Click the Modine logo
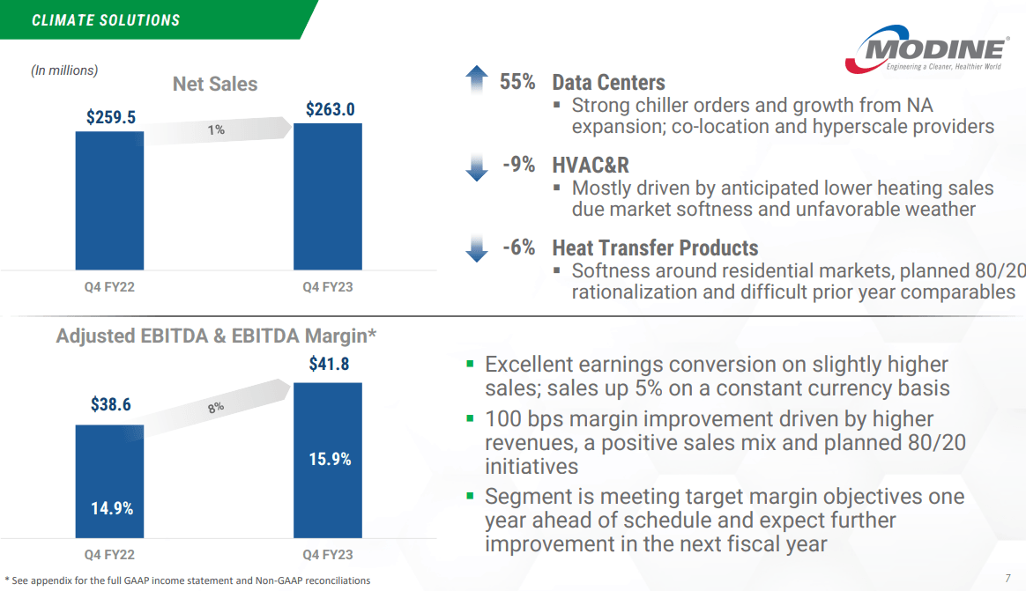pos(926,50)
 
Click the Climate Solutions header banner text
pos(106,19)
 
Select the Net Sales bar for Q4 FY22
pos(109,200)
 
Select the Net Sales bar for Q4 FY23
pos(328,196)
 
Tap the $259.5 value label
pos(110,117)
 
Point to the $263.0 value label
pos(330,109)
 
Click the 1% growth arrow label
pos(216,130)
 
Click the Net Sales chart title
pos(215,84)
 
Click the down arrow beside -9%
pos(476,166)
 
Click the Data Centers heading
pos(608,82)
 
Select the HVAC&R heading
pos(590,165)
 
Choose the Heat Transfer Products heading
pos(655,247)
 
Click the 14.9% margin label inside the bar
pos(112,508)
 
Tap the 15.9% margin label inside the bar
pos(330,459)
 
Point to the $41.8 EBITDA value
pos(329,364)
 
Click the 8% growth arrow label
pos(216,407)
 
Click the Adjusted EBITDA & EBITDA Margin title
pos(216,336)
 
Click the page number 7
pos(1007,579)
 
